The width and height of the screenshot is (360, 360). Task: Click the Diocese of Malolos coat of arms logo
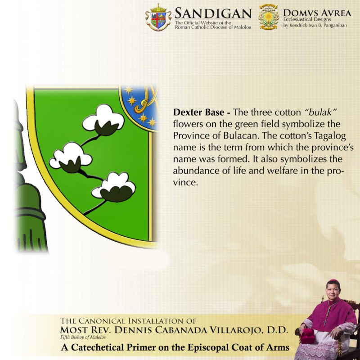point(158,17)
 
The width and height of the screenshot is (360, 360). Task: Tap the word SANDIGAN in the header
point(213,13)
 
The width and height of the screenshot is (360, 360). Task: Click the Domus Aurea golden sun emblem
point(268,17)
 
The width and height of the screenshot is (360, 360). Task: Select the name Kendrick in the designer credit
point(298,25)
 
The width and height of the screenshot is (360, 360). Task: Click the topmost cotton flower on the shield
point(103,120)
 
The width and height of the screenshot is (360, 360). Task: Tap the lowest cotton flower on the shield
point(114,187)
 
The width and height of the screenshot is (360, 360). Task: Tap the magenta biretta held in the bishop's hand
point(308,335)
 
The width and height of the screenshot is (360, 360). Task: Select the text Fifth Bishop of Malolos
point(83,337)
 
